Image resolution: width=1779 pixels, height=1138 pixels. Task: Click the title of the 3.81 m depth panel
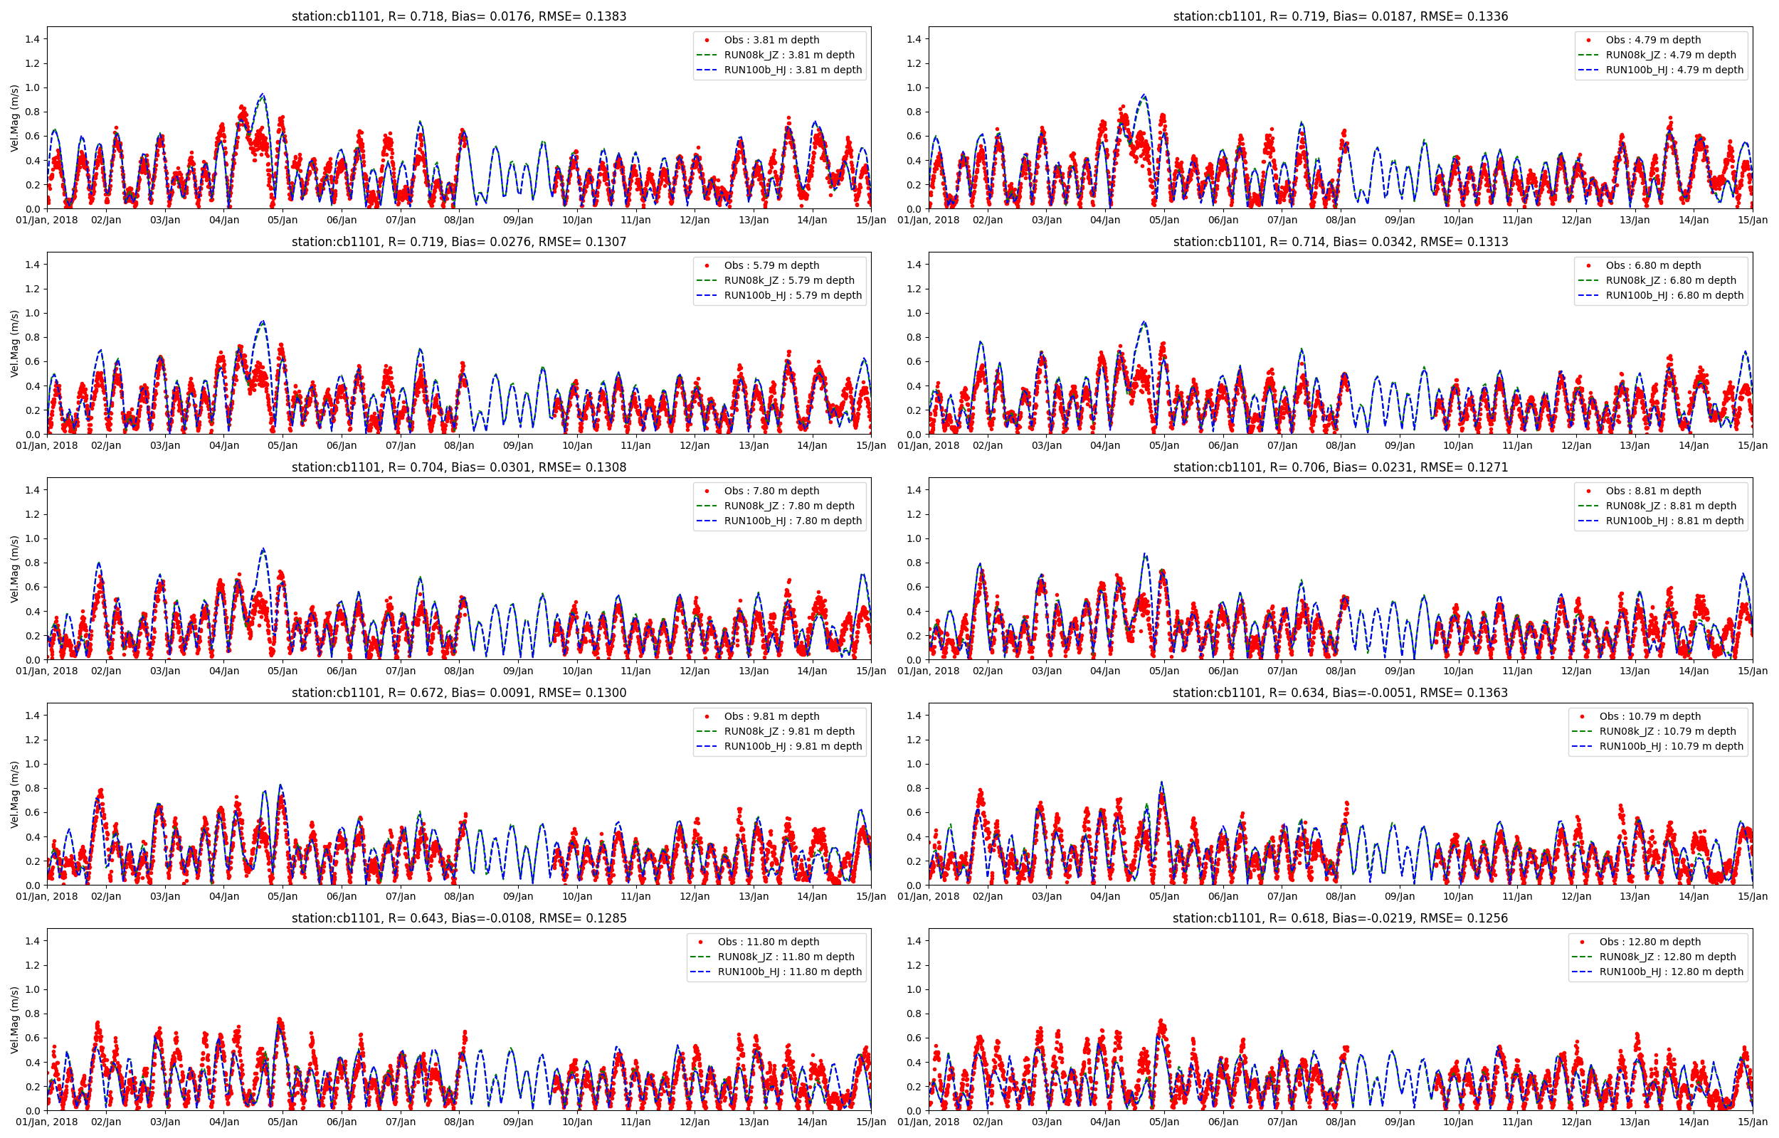[458, 16]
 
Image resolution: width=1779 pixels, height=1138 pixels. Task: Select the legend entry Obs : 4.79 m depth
[1652, 40]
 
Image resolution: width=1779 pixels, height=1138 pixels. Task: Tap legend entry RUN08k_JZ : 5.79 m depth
[788, 280]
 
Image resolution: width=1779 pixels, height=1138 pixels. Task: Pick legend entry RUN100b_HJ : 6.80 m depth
[1674, 296]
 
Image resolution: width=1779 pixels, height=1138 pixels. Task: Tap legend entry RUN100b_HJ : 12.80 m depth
[1671, 972]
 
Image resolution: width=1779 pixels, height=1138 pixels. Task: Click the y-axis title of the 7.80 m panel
[15, 569]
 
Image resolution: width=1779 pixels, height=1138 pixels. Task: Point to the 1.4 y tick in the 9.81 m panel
[33, 716]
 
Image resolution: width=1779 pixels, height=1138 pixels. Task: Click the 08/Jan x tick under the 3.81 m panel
[459, 220]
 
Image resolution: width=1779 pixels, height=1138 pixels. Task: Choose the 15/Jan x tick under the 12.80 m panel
[1752, 1122]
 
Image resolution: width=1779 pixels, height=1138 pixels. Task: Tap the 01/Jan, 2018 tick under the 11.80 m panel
[47, 1122]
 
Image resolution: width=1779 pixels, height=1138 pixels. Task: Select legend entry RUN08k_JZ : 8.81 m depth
[1670, 506]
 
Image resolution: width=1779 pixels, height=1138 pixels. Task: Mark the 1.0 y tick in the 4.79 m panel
[914, 87]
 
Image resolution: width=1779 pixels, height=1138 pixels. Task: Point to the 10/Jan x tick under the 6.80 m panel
[1458, 445]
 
